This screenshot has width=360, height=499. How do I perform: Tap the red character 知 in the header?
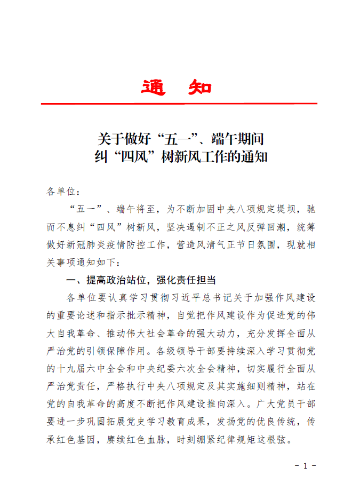(200, 88)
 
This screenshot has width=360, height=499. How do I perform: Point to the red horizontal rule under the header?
(179, 104)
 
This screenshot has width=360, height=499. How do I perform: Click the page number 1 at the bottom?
(305, 465)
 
